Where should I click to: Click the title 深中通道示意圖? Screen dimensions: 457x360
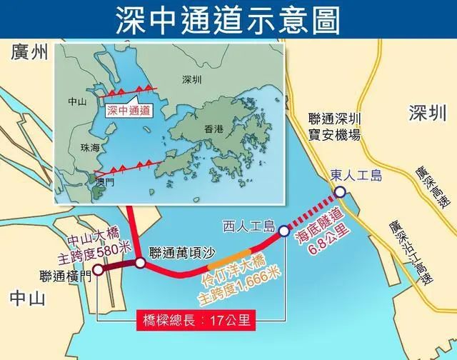click(228, 19)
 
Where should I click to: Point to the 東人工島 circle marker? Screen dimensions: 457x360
click(341, 191)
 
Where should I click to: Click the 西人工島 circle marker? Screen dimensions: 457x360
click(283, 231)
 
